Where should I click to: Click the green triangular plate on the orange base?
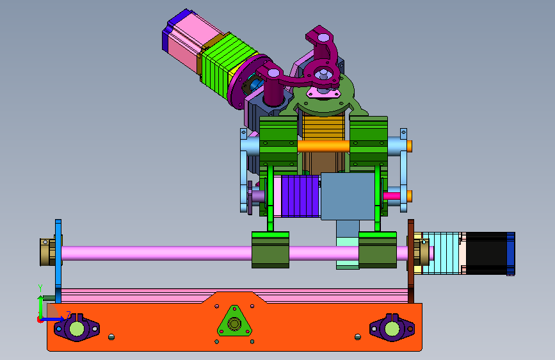pos(234,322)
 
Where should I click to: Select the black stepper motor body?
pos(487,253)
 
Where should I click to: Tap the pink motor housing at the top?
pos(191,38)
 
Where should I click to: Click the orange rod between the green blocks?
pos(323,146)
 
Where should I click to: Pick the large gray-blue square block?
pos(347,196)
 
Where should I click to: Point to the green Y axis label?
pos(40,288)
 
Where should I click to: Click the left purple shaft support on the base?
pos(76,328)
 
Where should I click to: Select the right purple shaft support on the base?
pos(392,327)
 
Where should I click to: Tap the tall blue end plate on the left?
pos(58,261)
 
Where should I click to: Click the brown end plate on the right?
pos(411,261)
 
